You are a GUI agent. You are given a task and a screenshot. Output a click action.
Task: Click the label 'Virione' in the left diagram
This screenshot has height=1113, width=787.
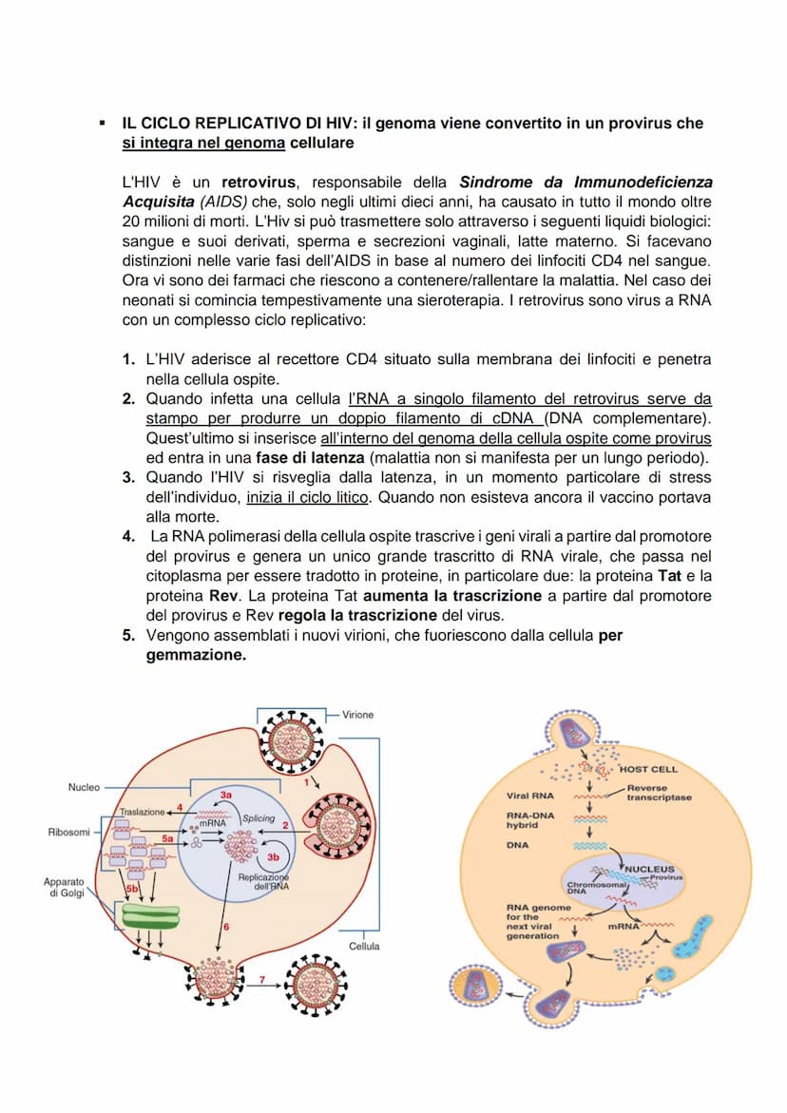(x=358, y=714)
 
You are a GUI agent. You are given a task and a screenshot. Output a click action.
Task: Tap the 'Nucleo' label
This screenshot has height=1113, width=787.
(x=84, y=787)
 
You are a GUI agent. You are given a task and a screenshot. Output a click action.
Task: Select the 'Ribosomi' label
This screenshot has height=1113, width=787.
(x=68, y=833)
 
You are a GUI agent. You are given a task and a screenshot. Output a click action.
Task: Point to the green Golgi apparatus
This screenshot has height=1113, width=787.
(x=150, y=916)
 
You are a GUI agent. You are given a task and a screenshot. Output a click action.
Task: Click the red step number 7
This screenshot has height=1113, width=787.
(x=262, y=978)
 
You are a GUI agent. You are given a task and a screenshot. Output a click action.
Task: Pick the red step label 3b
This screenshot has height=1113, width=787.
(x=259, y=856)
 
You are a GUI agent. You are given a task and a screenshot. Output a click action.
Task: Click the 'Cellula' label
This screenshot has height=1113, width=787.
(x=364, y=946)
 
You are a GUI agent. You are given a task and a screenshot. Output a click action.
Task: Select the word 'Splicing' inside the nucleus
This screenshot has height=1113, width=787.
(x=259, y=818)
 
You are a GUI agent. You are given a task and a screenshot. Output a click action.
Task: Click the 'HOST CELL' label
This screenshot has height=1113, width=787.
(x=648, y=769)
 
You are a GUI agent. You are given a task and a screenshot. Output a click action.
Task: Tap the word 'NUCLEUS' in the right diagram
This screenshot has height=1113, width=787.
(x=649, y=869)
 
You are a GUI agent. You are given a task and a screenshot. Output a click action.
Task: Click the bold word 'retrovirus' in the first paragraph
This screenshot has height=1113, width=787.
(x=259, y=182)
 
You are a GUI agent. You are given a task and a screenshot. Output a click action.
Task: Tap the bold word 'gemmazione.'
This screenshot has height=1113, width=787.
(x=196, y=655)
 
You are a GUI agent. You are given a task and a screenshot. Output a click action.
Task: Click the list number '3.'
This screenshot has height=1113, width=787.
(x=128, y=477)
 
